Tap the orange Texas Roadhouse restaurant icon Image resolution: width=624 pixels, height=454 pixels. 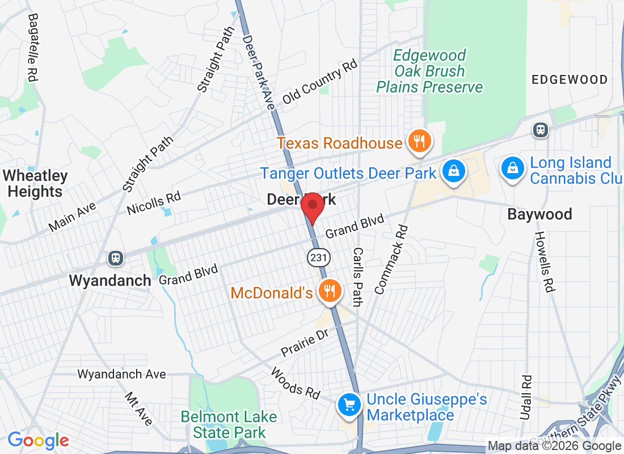[420, 141]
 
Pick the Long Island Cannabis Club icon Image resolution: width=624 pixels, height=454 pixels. [512, 169]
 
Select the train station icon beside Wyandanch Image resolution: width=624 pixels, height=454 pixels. [116, 259]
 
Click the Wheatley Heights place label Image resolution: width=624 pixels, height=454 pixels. [35, 184]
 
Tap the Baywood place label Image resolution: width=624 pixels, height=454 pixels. [539, 215]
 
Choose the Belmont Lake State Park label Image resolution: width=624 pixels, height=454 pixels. [229, 424]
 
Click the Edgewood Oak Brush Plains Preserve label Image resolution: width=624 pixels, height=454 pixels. [429, 71]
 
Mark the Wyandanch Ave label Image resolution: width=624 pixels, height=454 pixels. [121, 374]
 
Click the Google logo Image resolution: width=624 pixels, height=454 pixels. [39, 440]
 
